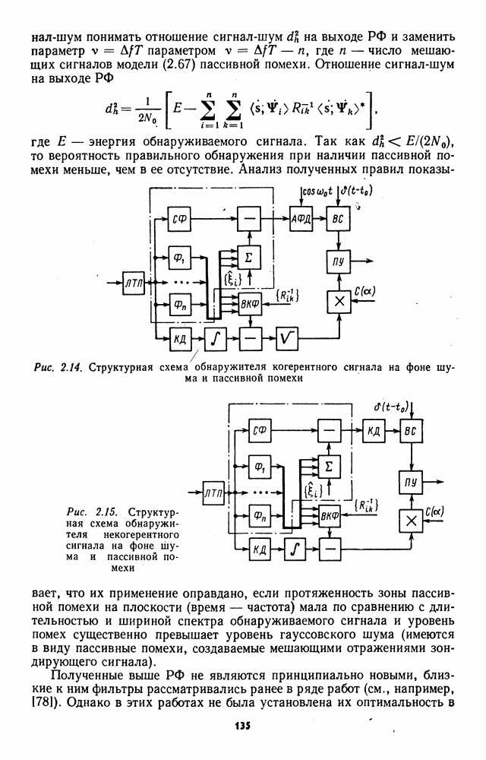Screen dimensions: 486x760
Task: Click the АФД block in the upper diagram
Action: [301, 219]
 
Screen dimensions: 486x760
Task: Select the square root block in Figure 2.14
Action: [287, 339]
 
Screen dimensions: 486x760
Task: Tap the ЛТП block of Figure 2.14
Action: [134, 283]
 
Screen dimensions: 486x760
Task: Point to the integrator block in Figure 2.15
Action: [295, 549]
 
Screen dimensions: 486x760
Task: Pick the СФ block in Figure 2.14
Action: [179, 219]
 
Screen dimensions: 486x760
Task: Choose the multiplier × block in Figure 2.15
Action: [411, 521]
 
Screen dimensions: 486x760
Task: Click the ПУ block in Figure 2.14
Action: [339, 261]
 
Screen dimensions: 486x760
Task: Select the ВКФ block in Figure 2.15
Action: [330, 517]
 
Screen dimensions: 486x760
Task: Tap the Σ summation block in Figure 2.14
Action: [249, 258]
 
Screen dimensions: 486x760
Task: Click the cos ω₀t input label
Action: [317, 192]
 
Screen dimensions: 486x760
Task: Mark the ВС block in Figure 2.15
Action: [411, 431]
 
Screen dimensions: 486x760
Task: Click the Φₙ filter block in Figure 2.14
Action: [179, 305]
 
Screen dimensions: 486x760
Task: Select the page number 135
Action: [243, 726]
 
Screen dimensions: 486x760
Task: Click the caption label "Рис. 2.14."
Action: [59, 367]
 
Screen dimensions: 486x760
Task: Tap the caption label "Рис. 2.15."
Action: [92, 512]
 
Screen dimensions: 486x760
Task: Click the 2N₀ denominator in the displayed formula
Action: [147, 118]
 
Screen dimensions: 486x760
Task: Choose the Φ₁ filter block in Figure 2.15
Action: [260, 467]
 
